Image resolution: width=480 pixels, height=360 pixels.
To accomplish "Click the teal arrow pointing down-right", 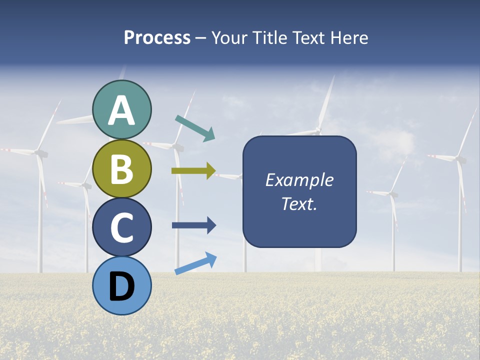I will point(195,128).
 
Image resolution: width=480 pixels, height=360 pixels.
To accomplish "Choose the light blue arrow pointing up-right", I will point(195,263).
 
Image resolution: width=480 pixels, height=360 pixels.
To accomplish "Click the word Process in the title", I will point(157,38).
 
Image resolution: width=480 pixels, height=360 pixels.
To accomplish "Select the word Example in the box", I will point(299,180).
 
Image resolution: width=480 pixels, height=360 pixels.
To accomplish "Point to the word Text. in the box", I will point(299,203).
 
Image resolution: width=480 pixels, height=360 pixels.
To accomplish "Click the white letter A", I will point(122,110).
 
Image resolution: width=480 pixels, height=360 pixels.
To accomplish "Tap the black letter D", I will point(122,286).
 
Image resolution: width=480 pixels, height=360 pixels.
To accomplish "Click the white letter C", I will point(122,228).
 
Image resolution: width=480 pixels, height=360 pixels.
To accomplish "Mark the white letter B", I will point(122,169).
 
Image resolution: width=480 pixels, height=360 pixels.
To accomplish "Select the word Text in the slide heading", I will point(306,38).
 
